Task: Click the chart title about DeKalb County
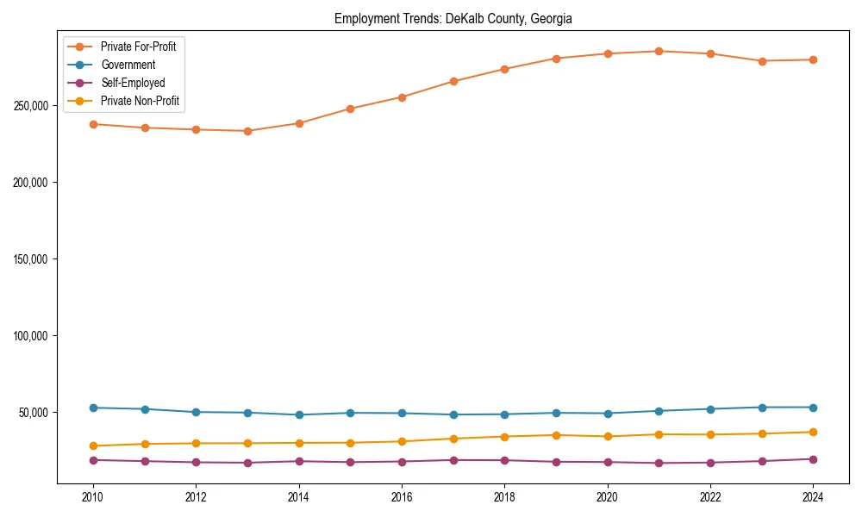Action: click(453, 18)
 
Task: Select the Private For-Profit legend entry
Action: click(138, 47)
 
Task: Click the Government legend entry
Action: click(128, 65)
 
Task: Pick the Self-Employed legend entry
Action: click(132, 83)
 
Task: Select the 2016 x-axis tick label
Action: click(402, 497)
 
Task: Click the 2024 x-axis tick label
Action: click(813, 497)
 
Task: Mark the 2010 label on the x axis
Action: click(93, 497)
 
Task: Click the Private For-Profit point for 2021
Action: click(659, 51)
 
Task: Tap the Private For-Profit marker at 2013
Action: click(247, 131)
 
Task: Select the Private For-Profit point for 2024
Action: click(813, 59)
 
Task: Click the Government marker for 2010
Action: click(93, 408)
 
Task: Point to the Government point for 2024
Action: click(813, 408)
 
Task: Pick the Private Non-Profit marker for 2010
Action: click(93, 446)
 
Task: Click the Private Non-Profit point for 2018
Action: click(504, 436)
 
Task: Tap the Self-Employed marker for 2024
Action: click(813, 459)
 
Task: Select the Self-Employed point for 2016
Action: click(402, 462)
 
